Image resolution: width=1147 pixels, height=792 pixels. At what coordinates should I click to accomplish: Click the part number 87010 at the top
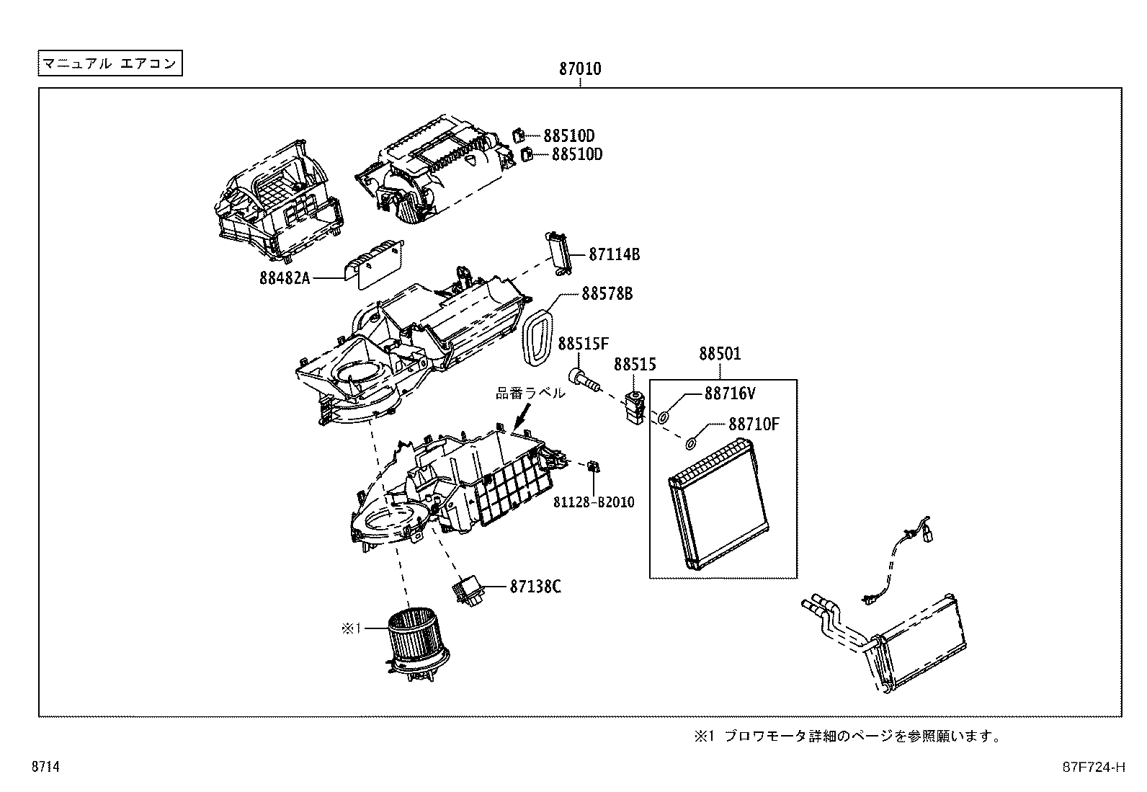pyautogui.click(x=580, y=70)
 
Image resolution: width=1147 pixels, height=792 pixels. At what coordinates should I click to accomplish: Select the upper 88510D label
pyautogui.click(x=568, y=135)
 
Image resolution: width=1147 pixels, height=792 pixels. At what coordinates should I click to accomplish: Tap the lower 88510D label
pyautogui.click(x=576, y=154)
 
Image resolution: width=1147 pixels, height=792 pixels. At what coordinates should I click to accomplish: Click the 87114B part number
pyautogui.click(x=614, y=254)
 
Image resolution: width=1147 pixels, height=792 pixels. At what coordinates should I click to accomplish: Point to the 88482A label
pyautogui.click(x=285, y=277)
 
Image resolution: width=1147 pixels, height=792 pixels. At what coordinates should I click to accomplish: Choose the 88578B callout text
pyautogui.click(x=607, y=294)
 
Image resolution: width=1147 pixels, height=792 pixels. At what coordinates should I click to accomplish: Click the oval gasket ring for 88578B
pyautogui.click(x=537, y=334)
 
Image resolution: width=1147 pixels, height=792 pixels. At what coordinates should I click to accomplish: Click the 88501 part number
pyautogui.click(x=720, y=355)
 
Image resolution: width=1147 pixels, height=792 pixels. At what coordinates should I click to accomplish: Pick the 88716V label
pyautogui.click(x=730, y=393)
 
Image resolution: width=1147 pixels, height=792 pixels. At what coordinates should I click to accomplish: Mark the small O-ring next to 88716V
pyautogui.click(x=663, y=417)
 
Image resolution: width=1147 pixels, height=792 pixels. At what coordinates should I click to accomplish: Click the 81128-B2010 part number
pyautogui.click(x=594, y=502)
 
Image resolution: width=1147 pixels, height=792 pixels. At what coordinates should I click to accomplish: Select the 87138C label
pyautogui.click(x=535, y=587)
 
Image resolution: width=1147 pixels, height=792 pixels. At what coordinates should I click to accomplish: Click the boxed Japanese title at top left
pyautogui.click(x=110, y=63)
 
